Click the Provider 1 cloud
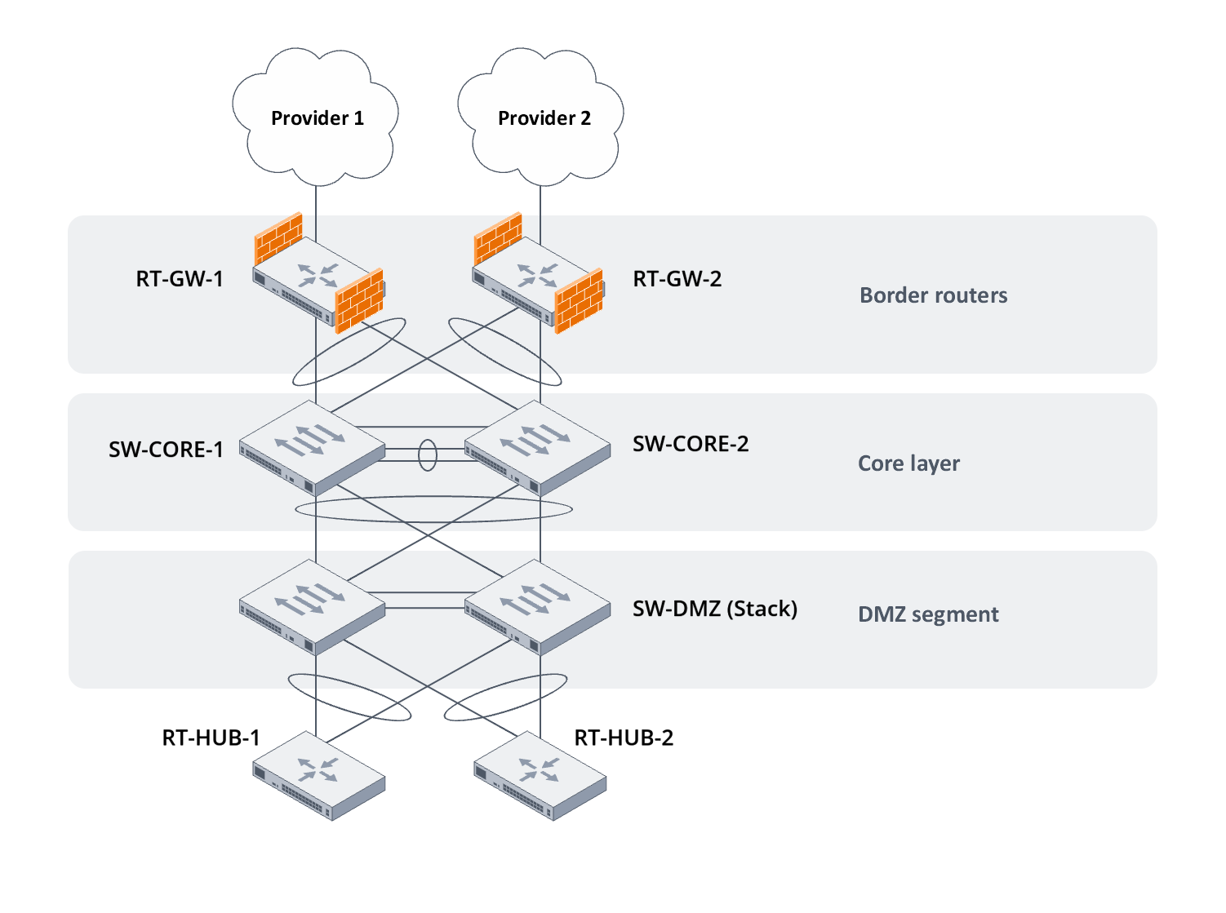tap(316, 118)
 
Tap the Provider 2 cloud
tap(543, 118)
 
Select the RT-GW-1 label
tap(180, 279)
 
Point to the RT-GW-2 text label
tap(677, 279)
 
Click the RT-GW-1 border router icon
tap(314, 281)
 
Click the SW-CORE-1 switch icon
tap(312, 449)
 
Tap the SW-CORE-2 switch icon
tap(537, 449)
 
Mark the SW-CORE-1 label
tap(166, 450)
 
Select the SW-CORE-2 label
tap(691, 444)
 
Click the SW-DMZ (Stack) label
tap(715, 609)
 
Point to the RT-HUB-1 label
tap(211, 738)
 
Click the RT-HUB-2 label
tap(624, 738)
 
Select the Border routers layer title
tap(933, 295)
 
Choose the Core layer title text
tap(908, 463)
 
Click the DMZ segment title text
tap(928, 614)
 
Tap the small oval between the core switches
tap(428, 455)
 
